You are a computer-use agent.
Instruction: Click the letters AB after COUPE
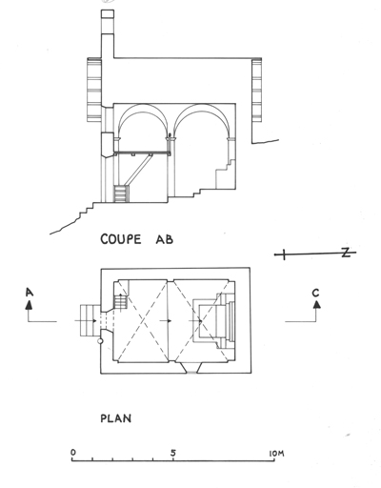coord(165,239)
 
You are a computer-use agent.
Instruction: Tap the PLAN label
coord(116,418)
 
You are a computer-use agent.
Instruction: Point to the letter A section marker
coord(30,293)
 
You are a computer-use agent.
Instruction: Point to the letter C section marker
coord(315,293)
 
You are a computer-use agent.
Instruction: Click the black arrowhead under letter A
coord(29,305)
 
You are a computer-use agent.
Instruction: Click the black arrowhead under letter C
coord(316,304)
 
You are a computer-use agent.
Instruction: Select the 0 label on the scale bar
coord(73,452)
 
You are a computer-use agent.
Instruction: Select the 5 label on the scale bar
coord(173,453)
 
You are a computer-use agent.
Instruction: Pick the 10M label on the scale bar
coord(276,454)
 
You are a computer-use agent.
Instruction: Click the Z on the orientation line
coord(346,253)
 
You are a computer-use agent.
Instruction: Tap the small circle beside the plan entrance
coord(100,341)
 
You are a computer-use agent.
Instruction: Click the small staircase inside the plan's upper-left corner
coord(121,302)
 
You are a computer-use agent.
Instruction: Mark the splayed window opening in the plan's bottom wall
coord(191,369)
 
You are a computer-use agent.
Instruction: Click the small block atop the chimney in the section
coord(108,13)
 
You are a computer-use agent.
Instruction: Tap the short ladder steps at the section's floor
coord(121,193)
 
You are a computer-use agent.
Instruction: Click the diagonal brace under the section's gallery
coord(138,171)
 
